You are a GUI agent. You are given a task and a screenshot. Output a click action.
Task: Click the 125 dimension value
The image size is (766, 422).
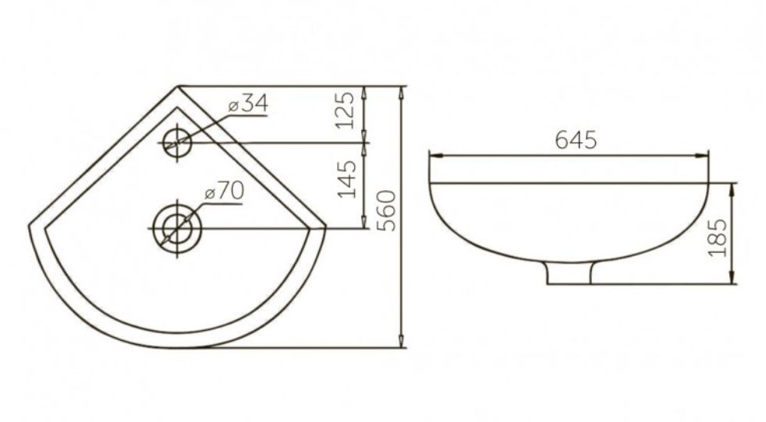[x=346, y=111]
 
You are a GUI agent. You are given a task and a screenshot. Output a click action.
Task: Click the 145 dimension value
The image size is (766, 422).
[x=347, y=179]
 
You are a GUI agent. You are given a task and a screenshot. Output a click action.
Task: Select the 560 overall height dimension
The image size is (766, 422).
[x=388, y=211]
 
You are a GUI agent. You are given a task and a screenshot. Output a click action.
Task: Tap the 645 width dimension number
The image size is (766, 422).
[x=576, y=140]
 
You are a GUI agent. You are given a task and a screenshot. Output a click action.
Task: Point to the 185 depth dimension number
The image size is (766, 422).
[x=718, y=237]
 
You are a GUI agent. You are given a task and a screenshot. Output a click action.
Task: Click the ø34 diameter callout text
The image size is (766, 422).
[x=248, y=104]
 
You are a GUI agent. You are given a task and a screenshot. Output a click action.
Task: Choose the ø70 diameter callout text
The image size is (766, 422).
[x=225, y=191]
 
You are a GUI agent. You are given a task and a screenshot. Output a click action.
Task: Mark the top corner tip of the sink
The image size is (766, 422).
[x=178, y=86]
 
